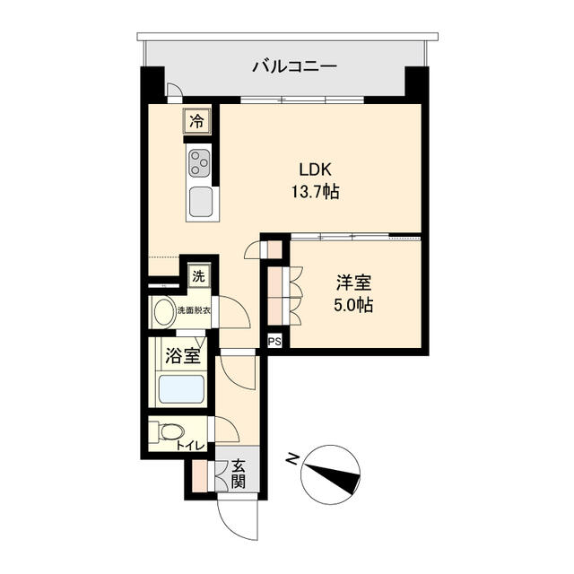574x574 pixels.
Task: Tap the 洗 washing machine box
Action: point(198,273)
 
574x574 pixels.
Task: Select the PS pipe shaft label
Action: point(274,342)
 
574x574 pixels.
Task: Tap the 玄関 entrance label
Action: point(239,474)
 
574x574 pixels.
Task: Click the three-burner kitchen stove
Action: point(199,164)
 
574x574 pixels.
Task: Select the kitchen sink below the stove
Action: point(200,201)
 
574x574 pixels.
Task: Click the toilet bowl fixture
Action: point(169,432)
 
